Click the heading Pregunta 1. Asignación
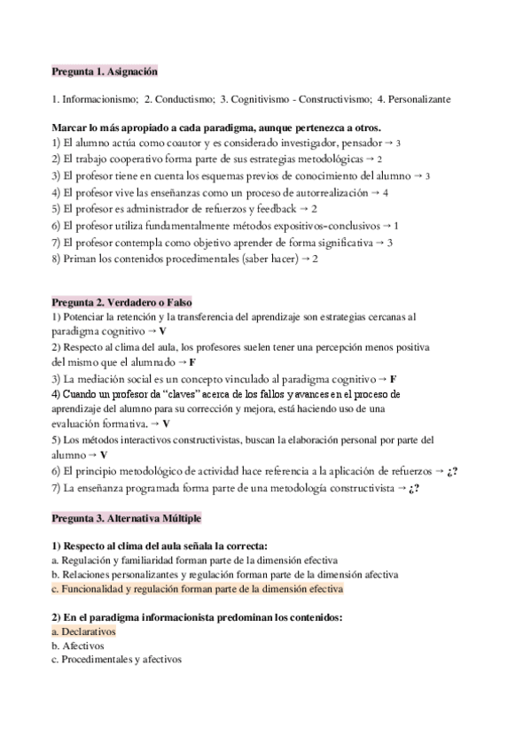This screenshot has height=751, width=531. pos(105,70)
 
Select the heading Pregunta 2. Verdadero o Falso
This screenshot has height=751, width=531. pos(122,301)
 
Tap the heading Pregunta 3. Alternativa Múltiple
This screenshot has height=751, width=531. pos(130,516)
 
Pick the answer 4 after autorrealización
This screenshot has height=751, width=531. pos(386,191)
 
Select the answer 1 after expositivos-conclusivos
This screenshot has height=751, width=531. pos(396,225)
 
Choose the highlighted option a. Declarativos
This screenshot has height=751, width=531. pos(84,631)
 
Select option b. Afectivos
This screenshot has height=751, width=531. pos(78,646)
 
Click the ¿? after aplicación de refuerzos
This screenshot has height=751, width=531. pos(451,471)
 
